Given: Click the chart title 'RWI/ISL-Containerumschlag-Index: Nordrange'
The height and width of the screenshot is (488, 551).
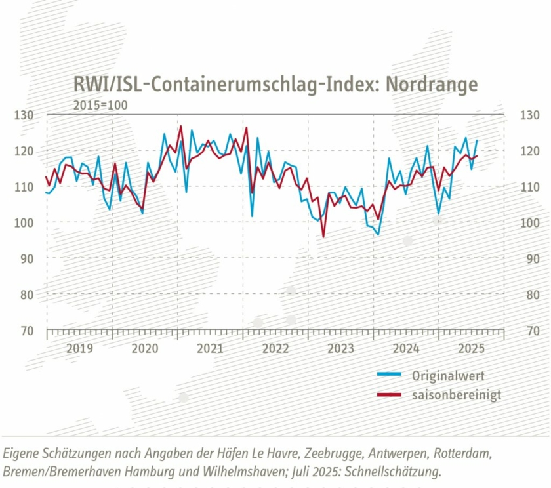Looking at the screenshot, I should [x=275, y=85].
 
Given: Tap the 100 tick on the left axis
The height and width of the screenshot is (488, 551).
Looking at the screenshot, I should [x=24, y=222].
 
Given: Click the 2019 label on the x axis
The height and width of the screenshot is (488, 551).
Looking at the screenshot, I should [x=79, y=348].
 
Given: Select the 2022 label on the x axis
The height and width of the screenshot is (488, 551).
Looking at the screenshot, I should [x=275, y=348].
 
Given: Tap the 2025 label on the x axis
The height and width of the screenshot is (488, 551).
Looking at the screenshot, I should [x=471, y=348].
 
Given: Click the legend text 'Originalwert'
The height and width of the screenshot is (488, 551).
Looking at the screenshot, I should [x=448, y=376].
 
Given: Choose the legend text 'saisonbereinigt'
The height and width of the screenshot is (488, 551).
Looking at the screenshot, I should [x=457, y=395].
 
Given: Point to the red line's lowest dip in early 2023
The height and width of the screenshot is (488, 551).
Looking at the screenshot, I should [x=323, y=236].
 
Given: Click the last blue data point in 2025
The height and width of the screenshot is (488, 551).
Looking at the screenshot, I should [x=477, y=140].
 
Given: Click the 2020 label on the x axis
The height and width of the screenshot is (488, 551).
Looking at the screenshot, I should [x=145, y=348].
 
